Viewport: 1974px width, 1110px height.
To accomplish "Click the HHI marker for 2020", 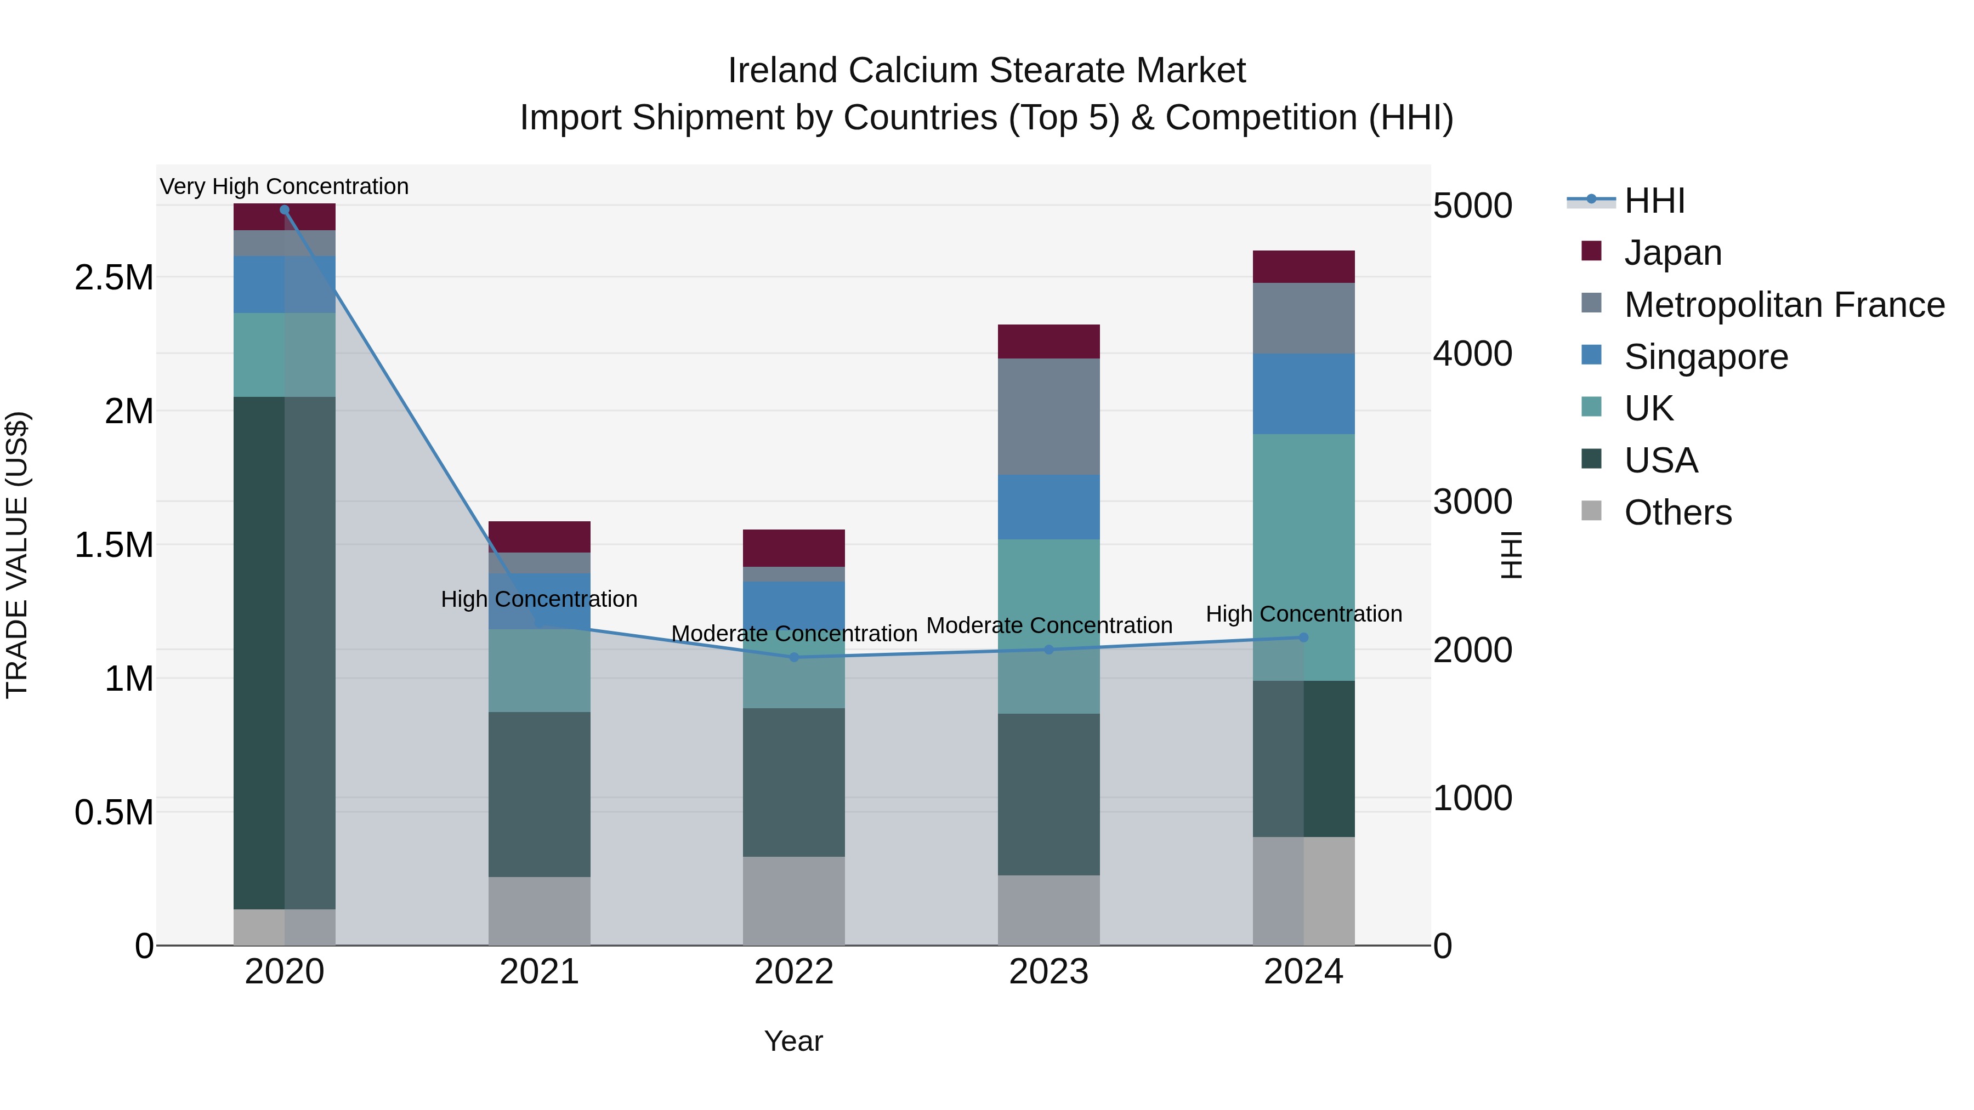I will (284, 210).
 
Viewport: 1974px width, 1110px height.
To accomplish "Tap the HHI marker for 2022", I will (794, 657).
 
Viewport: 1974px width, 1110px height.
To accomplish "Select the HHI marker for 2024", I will (1303, 637).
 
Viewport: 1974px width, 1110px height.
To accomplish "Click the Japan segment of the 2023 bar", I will (1048, 341).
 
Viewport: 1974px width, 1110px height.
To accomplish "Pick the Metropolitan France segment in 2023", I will (1048, 417).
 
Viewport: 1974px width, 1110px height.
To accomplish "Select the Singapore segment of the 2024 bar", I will (1303, 394).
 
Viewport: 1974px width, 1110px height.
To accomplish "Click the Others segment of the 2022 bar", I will (794, 901).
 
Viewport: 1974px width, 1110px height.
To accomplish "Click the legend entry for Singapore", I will (1706, 357).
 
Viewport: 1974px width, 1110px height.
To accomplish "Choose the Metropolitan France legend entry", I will (1784, 305).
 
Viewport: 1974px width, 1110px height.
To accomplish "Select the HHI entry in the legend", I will (1654, 201).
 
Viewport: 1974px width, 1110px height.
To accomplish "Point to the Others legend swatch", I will (1592, 511).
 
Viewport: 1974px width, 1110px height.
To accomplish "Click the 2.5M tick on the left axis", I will (114, 277).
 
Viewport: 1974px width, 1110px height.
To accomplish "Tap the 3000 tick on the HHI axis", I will (1472, 502).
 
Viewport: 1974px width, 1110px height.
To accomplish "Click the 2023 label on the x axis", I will (1048, 972).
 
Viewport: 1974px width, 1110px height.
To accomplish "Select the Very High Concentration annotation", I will (284, 186).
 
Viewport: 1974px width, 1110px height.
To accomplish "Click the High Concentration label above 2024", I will (1303, 613).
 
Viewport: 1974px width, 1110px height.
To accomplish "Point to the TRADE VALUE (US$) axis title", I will (17, 555).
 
